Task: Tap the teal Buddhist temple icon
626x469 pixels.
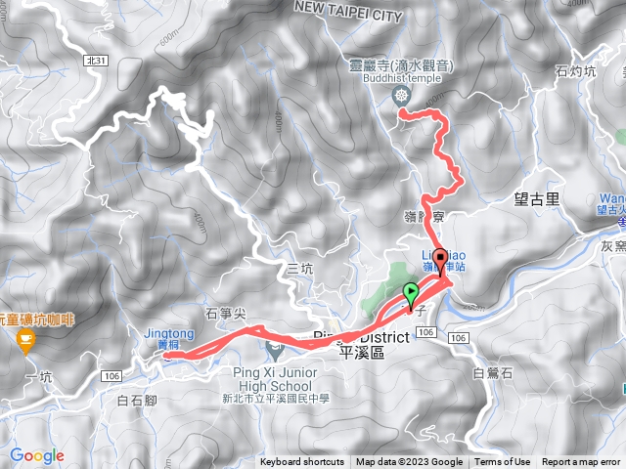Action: pyautogui.click(x=401, y=95)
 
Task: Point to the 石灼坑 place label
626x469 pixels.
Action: pyautogui.click(x=574, y=70)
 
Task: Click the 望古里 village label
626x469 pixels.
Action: pyautogui.click(x=536, y=199)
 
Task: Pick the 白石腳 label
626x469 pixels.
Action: pyautogui.click(x=137, y=400)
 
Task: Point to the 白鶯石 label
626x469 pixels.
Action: pyautogui.click(x=492, y=372)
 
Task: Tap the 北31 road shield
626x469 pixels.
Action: pyautogui.click(x=96, y=60)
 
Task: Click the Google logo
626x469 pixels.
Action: pyautogui.click(x=37, y=455)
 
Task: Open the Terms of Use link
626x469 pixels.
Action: pyautogui.click(x=503, y=462)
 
